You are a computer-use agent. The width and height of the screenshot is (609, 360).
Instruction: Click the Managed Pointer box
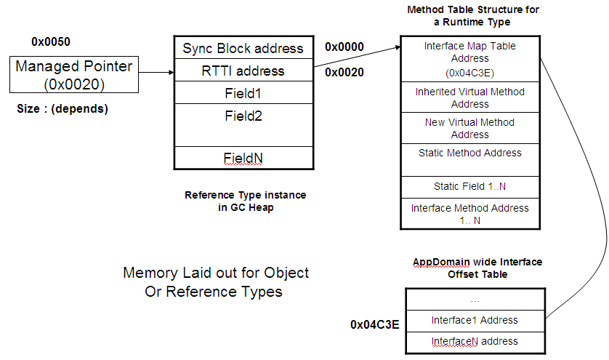(x=74, y=75)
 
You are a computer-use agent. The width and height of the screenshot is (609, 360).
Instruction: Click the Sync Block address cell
(x=243, y=48)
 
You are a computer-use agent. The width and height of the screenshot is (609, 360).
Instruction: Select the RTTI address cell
(x=243, y=71)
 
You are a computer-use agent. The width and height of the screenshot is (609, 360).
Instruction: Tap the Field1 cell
(x=243, y=92)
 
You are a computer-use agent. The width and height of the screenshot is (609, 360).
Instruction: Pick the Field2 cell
(x=243, y=125)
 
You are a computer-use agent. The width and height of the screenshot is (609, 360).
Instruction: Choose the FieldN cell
(x=243, y=158)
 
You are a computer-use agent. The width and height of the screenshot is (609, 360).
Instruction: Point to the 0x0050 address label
(x=51, y=41)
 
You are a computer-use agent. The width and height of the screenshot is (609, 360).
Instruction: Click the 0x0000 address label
(x=344, y=47)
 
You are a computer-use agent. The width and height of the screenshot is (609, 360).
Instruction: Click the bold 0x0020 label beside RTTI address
(x=344, y=72)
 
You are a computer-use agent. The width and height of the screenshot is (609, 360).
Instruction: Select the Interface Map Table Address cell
(x=470, y=59)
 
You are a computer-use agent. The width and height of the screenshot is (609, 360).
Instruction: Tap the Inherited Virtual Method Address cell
(x=470, y=97)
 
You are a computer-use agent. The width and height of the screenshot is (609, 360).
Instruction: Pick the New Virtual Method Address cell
(x=470, y=128)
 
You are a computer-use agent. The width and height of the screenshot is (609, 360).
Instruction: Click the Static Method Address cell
(x=470, y=160)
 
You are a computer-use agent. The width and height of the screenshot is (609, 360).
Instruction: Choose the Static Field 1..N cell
(x=470, y=188)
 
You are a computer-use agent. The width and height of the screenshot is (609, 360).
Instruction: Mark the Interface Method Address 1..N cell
(x=470, y=214)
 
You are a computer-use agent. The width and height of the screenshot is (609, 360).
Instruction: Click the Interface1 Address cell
(x=475, y=321)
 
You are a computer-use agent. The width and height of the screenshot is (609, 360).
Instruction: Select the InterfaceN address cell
(x=475, y=343)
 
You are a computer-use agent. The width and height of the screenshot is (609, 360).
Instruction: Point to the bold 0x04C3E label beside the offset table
(x=375, y=324)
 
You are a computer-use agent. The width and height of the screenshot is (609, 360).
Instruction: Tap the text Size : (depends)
(x=62, y=109)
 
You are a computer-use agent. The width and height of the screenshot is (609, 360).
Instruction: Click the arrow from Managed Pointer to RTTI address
(x=156, y=72)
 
